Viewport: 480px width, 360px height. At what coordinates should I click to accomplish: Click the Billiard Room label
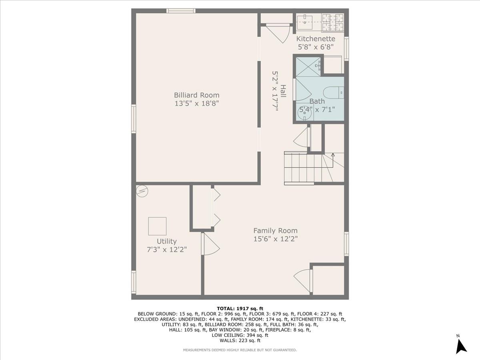196,95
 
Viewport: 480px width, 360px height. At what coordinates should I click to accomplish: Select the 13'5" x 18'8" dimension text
196,103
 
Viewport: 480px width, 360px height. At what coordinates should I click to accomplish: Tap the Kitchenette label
316,39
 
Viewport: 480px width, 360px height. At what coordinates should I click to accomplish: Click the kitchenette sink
308,20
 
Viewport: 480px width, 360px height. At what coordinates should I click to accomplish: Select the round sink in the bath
306,113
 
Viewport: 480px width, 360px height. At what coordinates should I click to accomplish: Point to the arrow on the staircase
333,155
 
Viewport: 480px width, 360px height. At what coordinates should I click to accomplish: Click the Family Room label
275,231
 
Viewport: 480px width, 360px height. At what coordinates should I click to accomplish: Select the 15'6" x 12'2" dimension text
275,239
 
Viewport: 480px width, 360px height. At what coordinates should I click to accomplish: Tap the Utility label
166,242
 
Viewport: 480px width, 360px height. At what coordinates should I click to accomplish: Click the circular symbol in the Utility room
142,191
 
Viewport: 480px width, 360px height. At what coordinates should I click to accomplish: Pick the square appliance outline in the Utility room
157,226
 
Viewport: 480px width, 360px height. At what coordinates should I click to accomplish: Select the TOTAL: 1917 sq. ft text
240,308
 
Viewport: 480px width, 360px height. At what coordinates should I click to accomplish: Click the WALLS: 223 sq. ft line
240,340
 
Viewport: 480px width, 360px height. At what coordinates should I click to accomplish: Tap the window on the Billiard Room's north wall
181,11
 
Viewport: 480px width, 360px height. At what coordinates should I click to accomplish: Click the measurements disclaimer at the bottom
240,350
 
